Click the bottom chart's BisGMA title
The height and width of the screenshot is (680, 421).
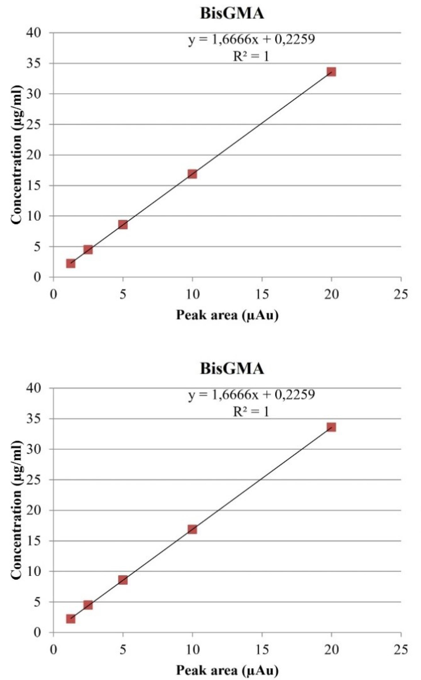[x=232, y=369]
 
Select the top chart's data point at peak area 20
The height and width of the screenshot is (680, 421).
[x=331, y=72]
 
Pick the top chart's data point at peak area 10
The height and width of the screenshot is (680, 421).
[x=192, y=174]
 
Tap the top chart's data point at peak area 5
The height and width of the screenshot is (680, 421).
[x=123, y=224]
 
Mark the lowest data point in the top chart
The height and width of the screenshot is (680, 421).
[x=71, y=263]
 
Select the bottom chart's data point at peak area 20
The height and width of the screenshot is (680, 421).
[x=331, y=427]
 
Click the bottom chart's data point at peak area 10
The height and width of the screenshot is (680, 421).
[x=192, y=529]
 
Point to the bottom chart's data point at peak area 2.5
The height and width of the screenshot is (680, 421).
[x=88, y=605]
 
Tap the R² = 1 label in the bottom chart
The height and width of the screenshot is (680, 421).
[x=251, y=412]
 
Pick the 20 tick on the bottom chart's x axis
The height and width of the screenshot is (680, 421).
[x=331, y=650]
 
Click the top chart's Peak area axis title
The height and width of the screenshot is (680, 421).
[x=227, y=315]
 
